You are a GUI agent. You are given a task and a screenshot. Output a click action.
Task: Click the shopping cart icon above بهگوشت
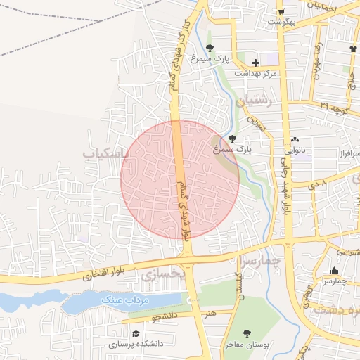click(x=281, y=12)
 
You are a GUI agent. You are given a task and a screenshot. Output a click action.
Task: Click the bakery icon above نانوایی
click(x=295, y=140)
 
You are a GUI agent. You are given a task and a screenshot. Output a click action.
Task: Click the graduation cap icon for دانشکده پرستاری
click(x=135, y=334)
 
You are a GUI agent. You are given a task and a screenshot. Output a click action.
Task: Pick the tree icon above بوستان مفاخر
click(x=246, y=333)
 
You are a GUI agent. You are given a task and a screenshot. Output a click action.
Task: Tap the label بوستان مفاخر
click(x=244, y=345)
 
